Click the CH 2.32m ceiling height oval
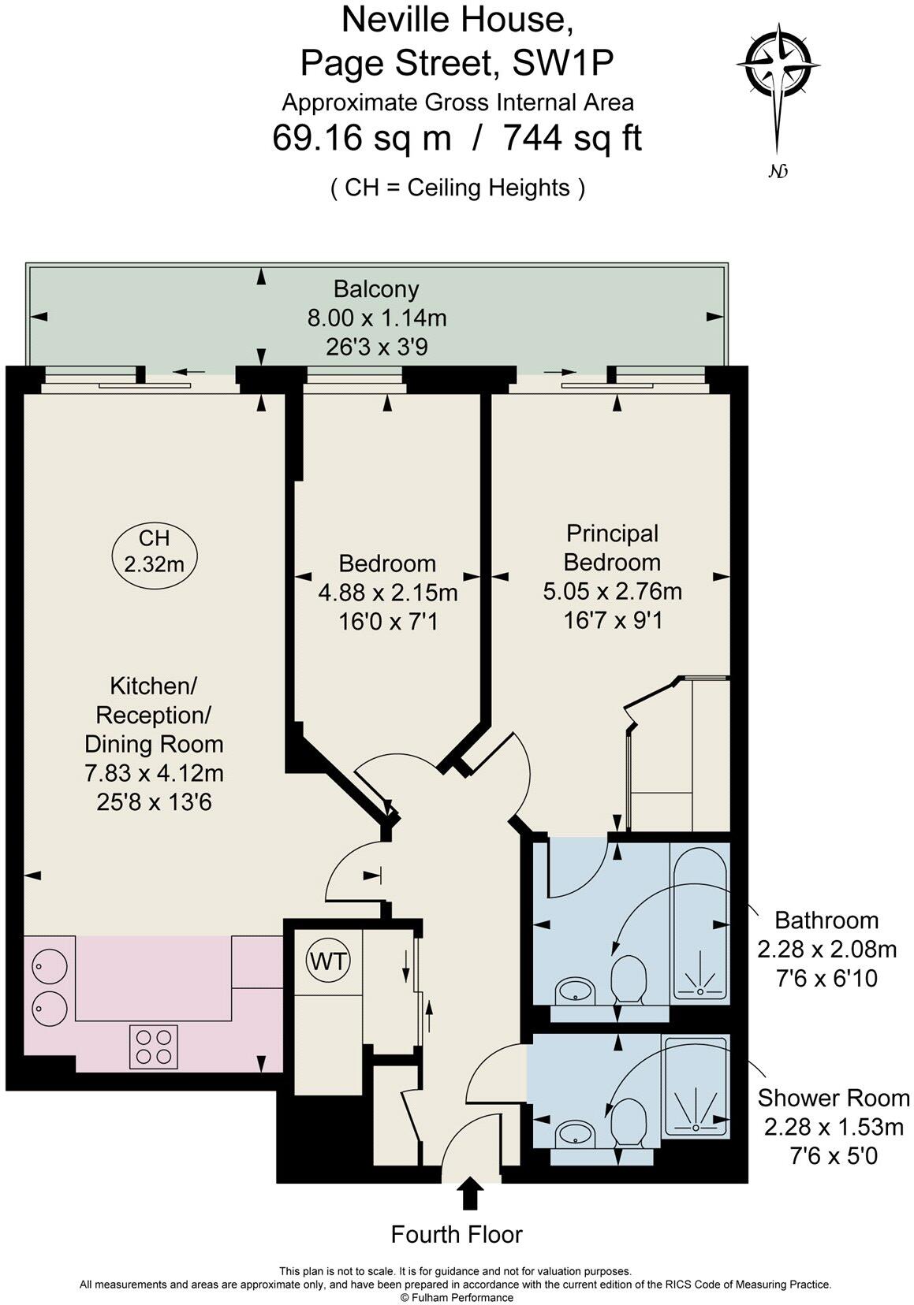coord(154,552)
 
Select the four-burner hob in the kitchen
coord(153,1047)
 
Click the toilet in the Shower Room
coord(627,1121)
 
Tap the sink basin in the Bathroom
coord(576,990)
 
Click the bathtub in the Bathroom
coord(699,923)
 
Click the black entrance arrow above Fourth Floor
coord(471,1193)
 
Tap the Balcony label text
coord(376,289)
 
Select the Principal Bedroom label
coord(612,548)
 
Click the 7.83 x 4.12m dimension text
coord(154,773)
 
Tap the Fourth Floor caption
coord(457,1235)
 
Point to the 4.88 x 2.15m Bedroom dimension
coord(388,593)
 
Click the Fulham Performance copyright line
coord(457,1297)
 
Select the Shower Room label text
coord(834,1098)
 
